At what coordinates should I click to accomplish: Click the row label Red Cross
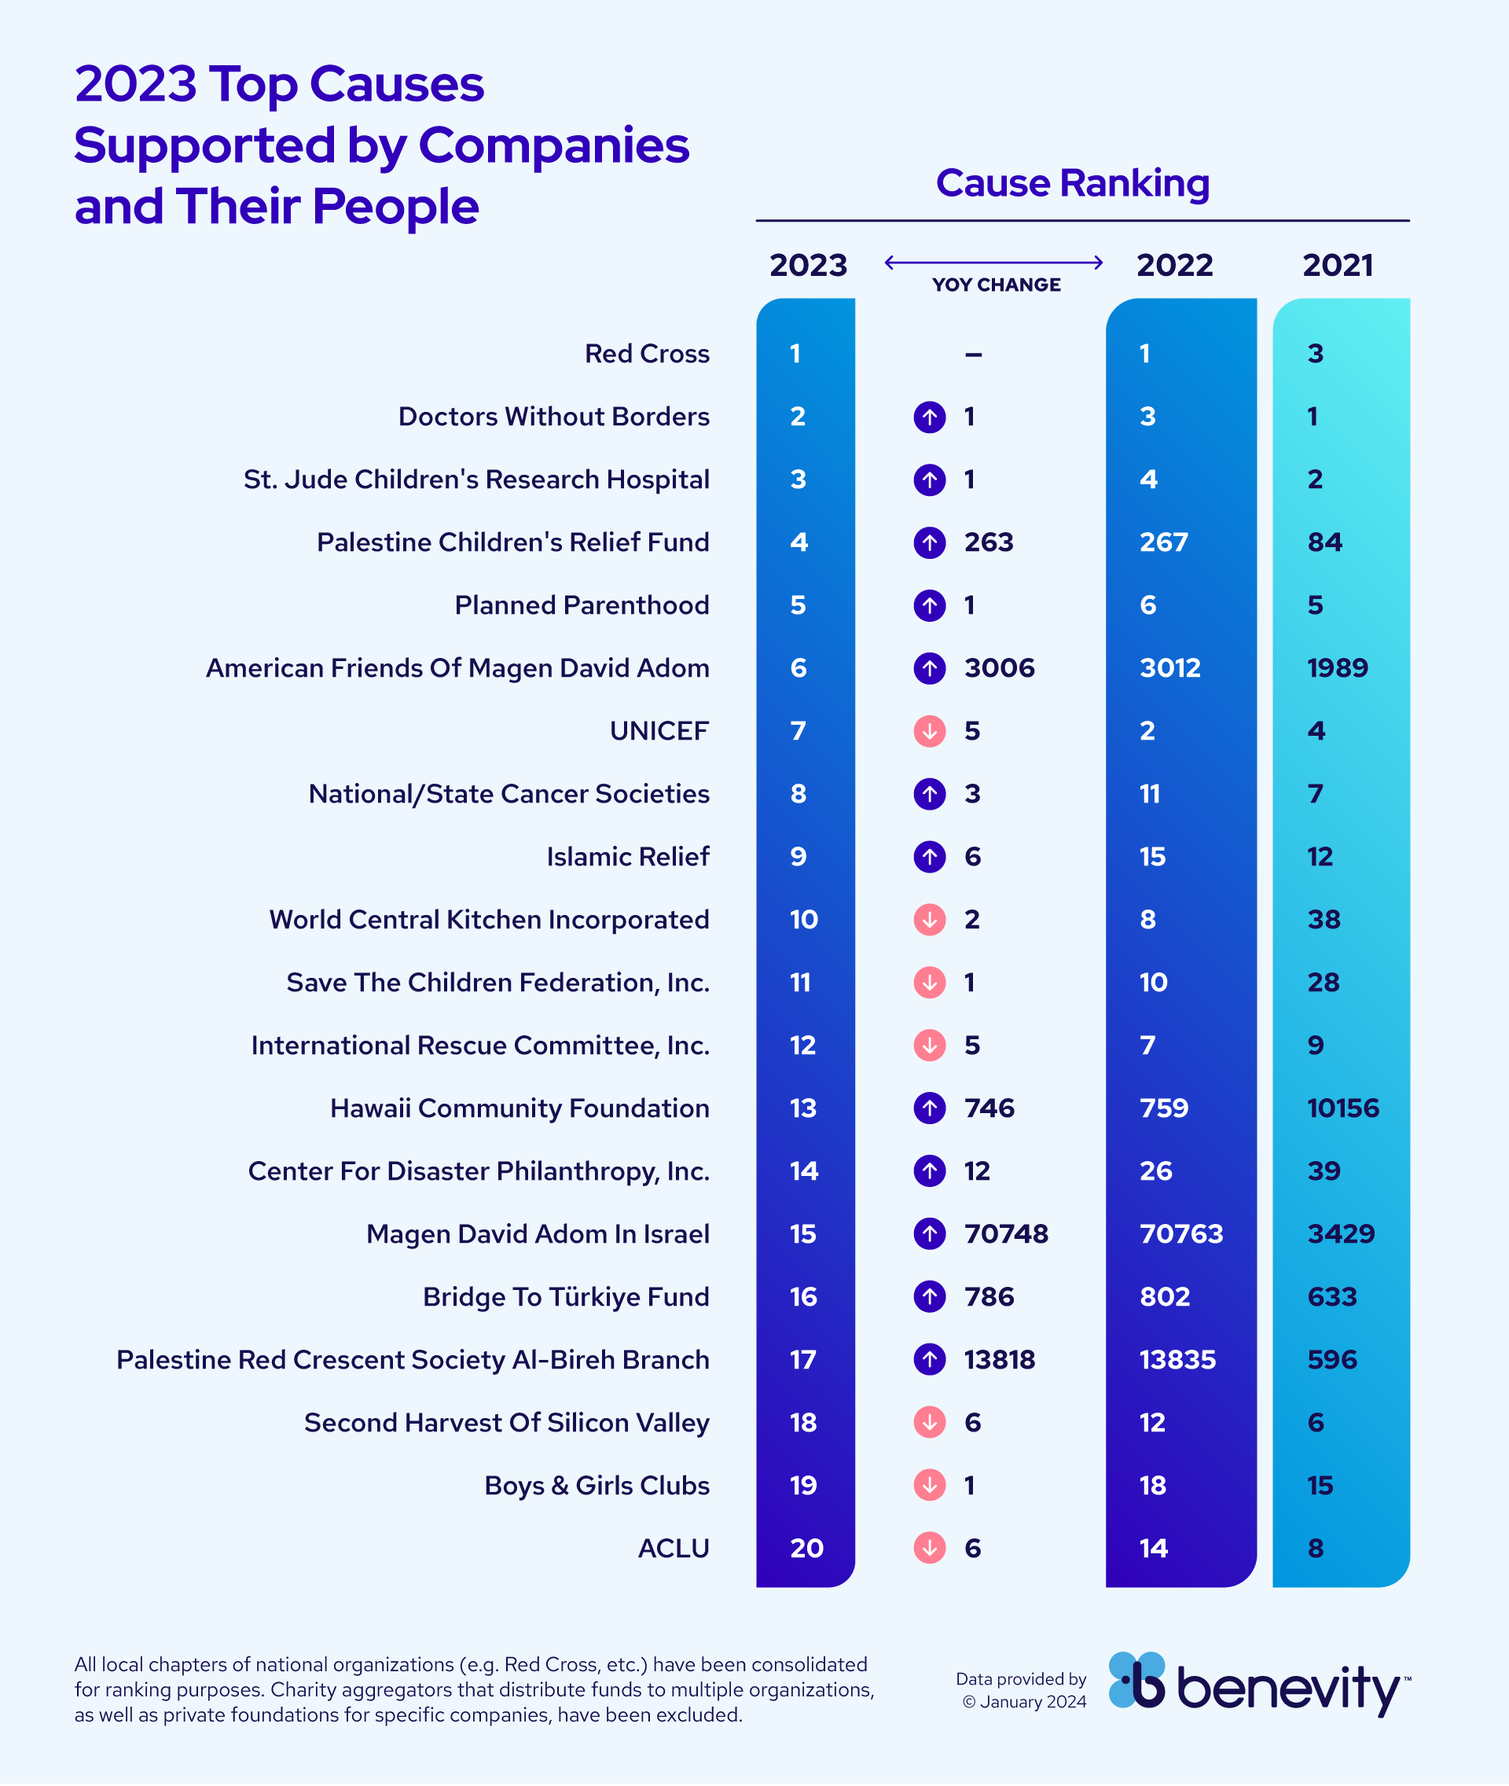pos(647,354)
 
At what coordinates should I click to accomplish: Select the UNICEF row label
pos(659,731)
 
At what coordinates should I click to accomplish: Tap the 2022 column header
pos(1173,265)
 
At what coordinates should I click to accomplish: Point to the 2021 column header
pos(1337,265)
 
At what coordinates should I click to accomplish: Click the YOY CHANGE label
pos(996,285)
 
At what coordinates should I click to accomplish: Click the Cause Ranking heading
pos(1072,183)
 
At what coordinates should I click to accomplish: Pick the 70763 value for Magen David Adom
pos(1180,1234)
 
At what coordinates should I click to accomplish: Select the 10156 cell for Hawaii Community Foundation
pos(1342,1108)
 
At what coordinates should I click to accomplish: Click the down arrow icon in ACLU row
pos(929,1548)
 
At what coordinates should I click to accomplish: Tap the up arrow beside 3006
pos(929,668)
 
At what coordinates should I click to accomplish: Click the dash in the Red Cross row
pos(973,355)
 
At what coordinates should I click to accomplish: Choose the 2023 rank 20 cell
pos(806,1548)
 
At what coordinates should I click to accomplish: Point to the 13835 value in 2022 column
pos(1177,1360)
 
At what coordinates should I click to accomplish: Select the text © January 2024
pos(1024,1702)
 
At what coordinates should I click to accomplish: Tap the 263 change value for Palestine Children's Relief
pos(988,542)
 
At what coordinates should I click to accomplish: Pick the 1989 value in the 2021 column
pos(1337,668)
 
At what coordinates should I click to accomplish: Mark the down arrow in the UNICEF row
pos(929,731)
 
